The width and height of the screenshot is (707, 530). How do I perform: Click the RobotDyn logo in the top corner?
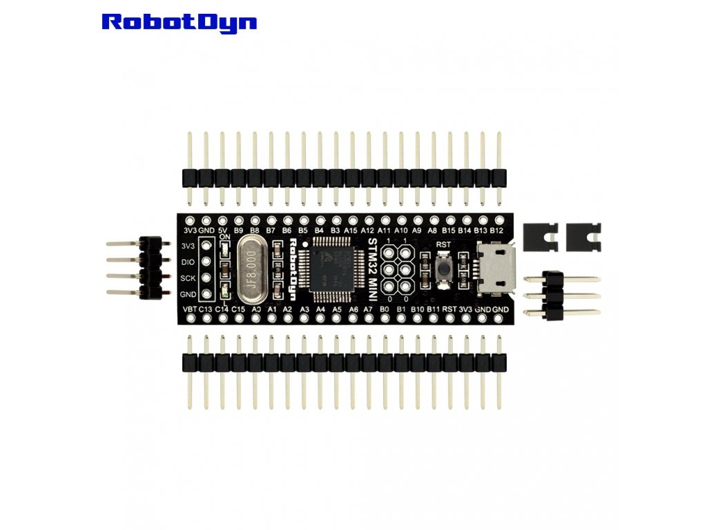click(179, 21)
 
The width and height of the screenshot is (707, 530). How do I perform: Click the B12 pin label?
click(497, 230)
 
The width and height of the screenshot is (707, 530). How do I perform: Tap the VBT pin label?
click(190, 309)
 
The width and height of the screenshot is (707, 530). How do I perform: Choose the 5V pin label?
click(222, 230)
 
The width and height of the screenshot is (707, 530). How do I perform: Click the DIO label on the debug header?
click(187, 262)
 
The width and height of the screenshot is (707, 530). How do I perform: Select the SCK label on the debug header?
click(187, 278)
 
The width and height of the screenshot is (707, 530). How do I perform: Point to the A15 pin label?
click(351, 230)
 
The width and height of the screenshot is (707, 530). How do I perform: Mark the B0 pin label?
click(385, 309)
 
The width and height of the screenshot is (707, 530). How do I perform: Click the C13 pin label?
click(206, 309)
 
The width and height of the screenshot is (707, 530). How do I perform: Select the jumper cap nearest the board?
click(541, 237)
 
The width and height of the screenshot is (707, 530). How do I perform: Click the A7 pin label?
click(369, 309)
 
